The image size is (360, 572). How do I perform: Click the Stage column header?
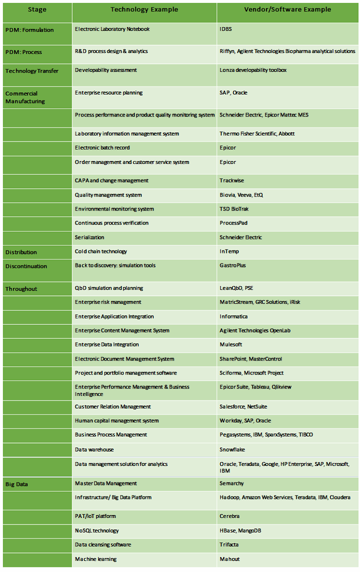(37, 9)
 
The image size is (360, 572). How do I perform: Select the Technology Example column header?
(144, 9)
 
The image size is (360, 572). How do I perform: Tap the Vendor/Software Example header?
(287, 9)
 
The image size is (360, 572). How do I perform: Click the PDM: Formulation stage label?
(29, 30)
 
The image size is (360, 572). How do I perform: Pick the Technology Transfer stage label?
(31, 71)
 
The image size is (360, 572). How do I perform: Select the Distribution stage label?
(21, 252)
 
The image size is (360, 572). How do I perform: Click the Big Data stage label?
(16, 484)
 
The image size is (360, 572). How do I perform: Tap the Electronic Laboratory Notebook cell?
(112, 29)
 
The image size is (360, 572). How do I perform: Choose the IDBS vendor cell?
(225, 29)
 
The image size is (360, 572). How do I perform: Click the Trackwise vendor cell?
(231, 180)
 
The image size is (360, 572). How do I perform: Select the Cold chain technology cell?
(101, 251)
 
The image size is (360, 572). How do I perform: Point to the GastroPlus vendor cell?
(232, 265)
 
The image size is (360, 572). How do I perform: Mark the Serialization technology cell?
(89, 237)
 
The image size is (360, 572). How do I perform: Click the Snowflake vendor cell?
(232, 449)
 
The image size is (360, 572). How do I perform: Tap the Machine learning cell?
(95, 559)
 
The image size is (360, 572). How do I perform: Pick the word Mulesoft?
(231, 344)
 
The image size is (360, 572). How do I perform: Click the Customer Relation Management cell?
(112, 406)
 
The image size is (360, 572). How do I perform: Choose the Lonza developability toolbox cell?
(253, 70)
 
